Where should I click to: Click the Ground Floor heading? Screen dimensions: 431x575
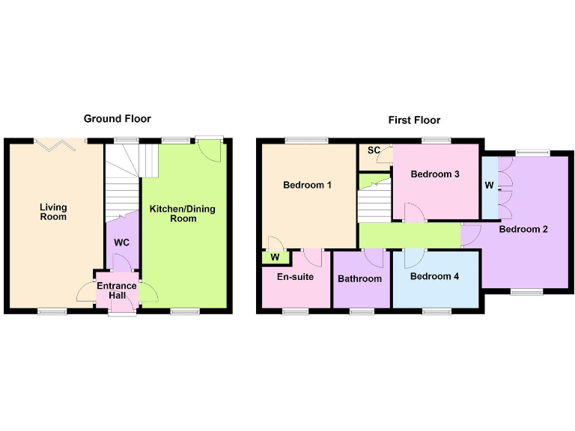(x=117, y=118)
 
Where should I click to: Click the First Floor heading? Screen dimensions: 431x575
(x=414, y=120)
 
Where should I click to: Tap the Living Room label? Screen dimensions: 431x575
(x=53, y=212)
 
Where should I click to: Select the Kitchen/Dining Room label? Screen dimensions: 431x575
(x=183, y=213)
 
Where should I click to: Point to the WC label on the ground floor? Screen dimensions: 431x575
(x=122, y=242)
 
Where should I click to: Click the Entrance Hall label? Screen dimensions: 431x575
(x=116, y=291)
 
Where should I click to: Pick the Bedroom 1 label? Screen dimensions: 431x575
(x=307, y=185)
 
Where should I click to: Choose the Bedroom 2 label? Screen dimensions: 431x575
(x=523, y=229)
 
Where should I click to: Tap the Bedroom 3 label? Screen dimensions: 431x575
(x=435, y=174)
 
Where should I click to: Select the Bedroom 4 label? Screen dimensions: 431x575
(x=435, y=276)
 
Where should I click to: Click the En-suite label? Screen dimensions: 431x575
(x=295, y=276)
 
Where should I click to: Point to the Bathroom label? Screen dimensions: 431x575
(x=359, y=279)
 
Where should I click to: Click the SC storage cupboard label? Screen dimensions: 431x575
(x=372, y=150)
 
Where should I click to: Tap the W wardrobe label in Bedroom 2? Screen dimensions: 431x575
(x=489, y=185)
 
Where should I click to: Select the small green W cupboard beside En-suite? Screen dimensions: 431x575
(x=275, y=257)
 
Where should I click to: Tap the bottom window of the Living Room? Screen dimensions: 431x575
(x=52, y=311)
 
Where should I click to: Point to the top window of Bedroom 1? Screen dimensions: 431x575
(x=305, y=139)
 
